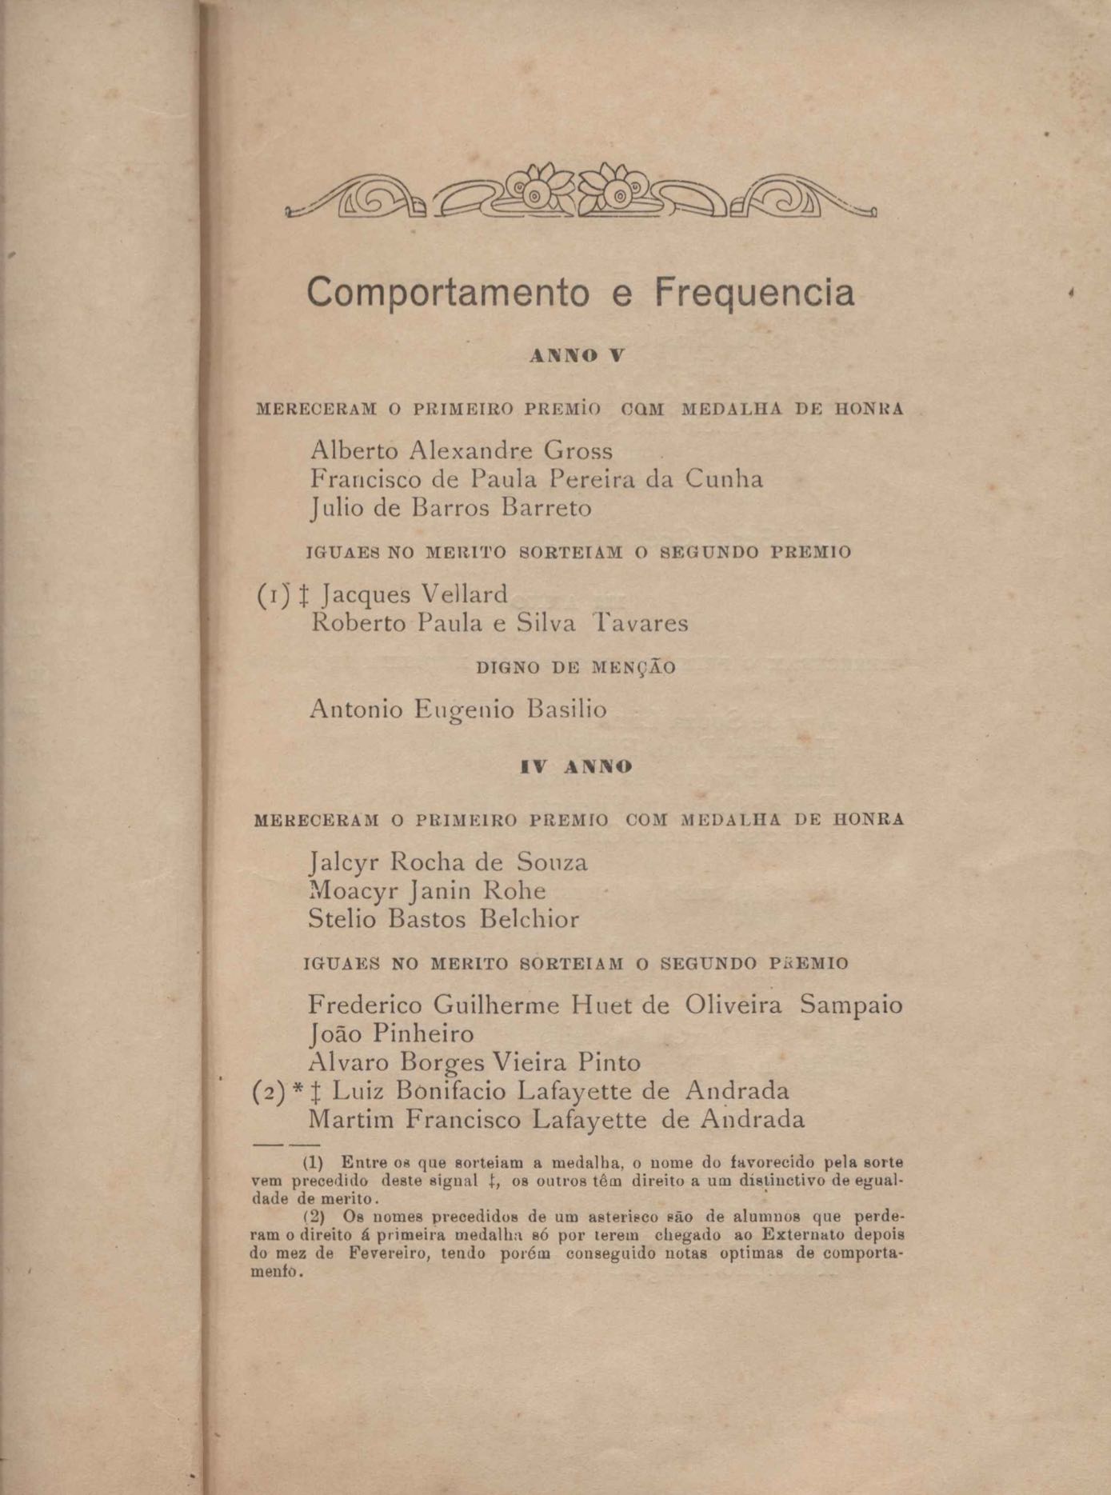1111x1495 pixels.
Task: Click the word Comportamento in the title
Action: tap(447, 293)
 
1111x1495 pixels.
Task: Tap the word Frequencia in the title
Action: tap(754, 293)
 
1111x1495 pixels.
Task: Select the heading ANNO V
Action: tap(577, 358)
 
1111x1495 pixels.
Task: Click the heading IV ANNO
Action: tap(576, 767)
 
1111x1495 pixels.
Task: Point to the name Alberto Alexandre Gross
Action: tap(462, 450)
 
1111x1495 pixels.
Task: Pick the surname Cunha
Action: tap(725, 479)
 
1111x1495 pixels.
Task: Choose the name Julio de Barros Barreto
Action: tap(451, 508)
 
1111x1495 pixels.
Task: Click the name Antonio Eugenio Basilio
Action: tap(458, 710)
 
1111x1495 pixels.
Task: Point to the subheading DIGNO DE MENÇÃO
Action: tap(576, 667)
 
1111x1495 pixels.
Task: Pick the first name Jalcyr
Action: tap(346, 862)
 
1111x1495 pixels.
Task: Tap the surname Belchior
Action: tap(530, 919)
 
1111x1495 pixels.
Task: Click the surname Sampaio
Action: tap(851, 1005)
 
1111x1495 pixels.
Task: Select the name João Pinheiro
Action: tap(391, 1033)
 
